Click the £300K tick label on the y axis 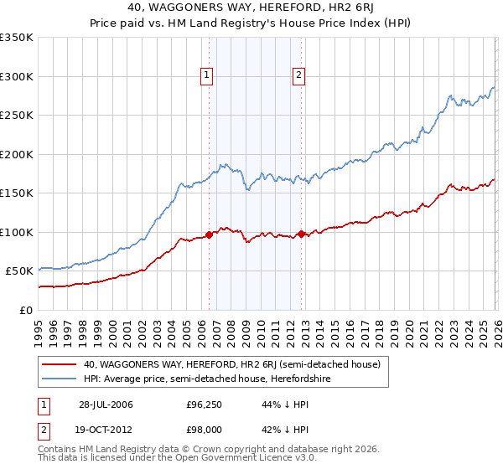coord(17,76)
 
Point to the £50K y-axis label coord(19,271)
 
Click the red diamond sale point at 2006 coord(209,234)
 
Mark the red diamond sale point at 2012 coord(301,234)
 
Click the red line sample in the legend coord(59,364)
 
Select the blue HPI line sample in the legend coord(59,378)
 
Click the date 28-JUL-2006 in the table coord(106,405)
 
